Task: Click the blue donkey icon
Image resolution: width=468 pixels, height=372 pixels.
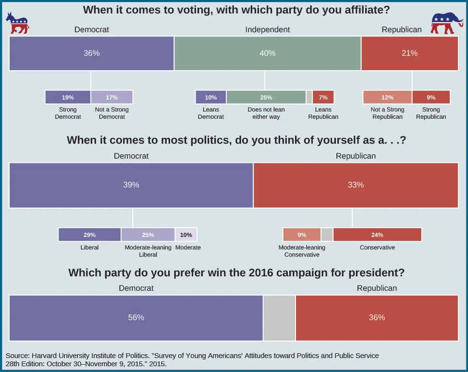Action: point(17,24)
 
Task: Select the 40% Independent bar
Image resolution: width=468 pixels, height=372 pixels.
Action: point(267,53)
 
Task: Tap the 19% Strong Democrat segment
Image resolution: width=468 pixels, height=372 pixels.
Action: point(68,97)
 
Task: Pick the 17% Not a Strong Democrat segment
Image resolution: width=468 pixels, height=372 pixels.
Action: point(111,97)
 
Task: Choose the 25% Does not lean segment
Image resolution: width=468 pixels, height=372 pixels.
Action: point(266,97)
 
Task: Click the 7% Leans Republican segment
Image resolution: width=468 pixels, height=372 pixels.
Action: point(323,97)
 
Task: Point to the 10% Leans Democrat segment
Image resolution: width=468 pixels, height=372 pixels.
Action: point(210,97)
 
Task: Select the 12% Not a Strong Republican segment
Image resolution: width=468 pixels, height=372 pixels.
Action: point(387,97)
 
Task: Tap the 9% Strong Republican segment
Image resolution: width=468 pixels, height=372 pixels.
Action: point(431,97)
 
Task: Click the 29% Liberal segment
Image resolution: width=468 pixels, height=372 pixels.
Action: point(89,235)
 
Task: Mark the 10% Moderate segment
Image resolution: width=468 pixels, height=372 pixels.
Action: point(186,235)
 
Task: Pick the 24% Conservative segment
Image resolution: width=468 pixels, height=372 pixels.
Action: point(377,235)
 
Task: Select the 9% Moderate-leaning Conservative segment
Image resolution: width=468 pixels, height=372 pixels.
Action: point(302,235)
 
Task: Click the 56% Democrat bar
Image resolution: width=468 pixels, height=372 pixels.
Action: point(136,318)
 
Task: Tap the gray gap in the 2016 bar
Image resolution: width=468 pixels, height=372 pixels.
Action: point(279,318)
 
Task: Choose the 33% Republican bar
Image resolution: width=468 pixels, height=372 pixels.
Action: point(356,185)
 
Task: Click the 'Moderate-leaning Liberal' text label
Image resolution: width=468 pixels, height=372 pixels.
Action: point(148,251)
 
